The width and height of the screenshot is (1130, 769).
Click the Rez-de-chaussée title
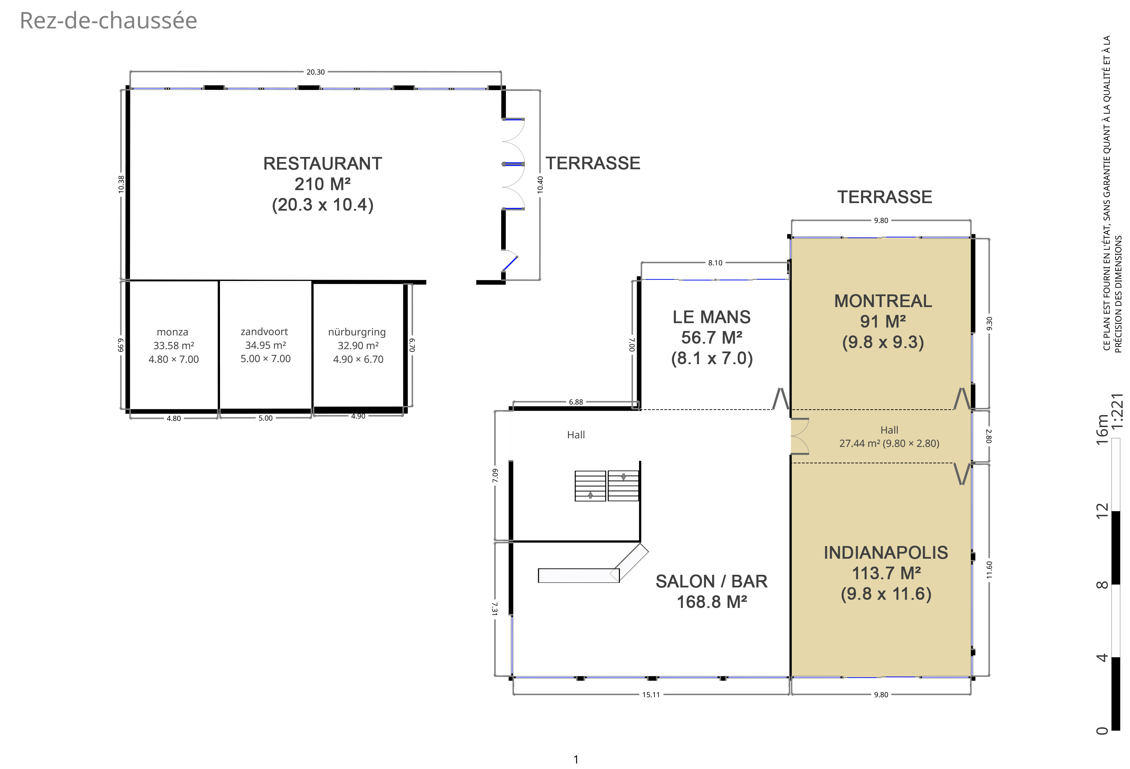pyautogui.click(x=108, y=21)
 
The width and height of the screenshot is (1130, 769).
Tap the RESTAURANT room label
pyautogui.click(x=322, y=164)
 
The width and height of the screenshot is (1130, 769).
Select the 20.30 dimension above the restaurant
pyautogui.click(x=315, y=72)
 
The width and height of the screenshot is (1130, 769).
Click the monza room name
pyautogui.click(x=173, y=332)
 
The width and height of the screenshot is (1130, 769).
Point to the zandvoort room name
pyautogui.click(x=264, y=332)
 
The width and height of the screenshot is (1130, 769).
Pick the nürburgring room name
pyautogui.click(x=357, y=332)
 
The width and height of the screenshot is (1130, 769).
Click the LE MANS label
pyautogui.click(x=711, y=317)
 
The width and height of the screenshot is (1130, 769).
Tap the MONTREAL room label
pyautogui.click(x=883, y=301)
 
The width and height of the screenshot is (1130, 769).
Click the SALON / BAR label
pyautogui.click(x=711, y=581)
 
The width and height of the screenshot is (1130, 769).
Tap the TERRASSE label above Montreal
pyautogui.click(x=884, y=197)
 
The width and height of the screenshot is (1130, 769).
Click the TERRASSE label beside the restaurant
pyautogui.click(x=593, y=163)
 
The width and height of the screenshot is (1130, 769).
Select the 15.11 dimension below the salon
pyautogui.click(x=651, y=694)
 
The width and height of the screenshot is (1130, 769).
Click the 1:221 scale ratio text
pyautogui.click(x=1117, y=411)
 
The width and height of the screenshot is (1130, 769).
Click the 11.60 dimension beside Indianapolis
pyautogui.click(x=989, y=570)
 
